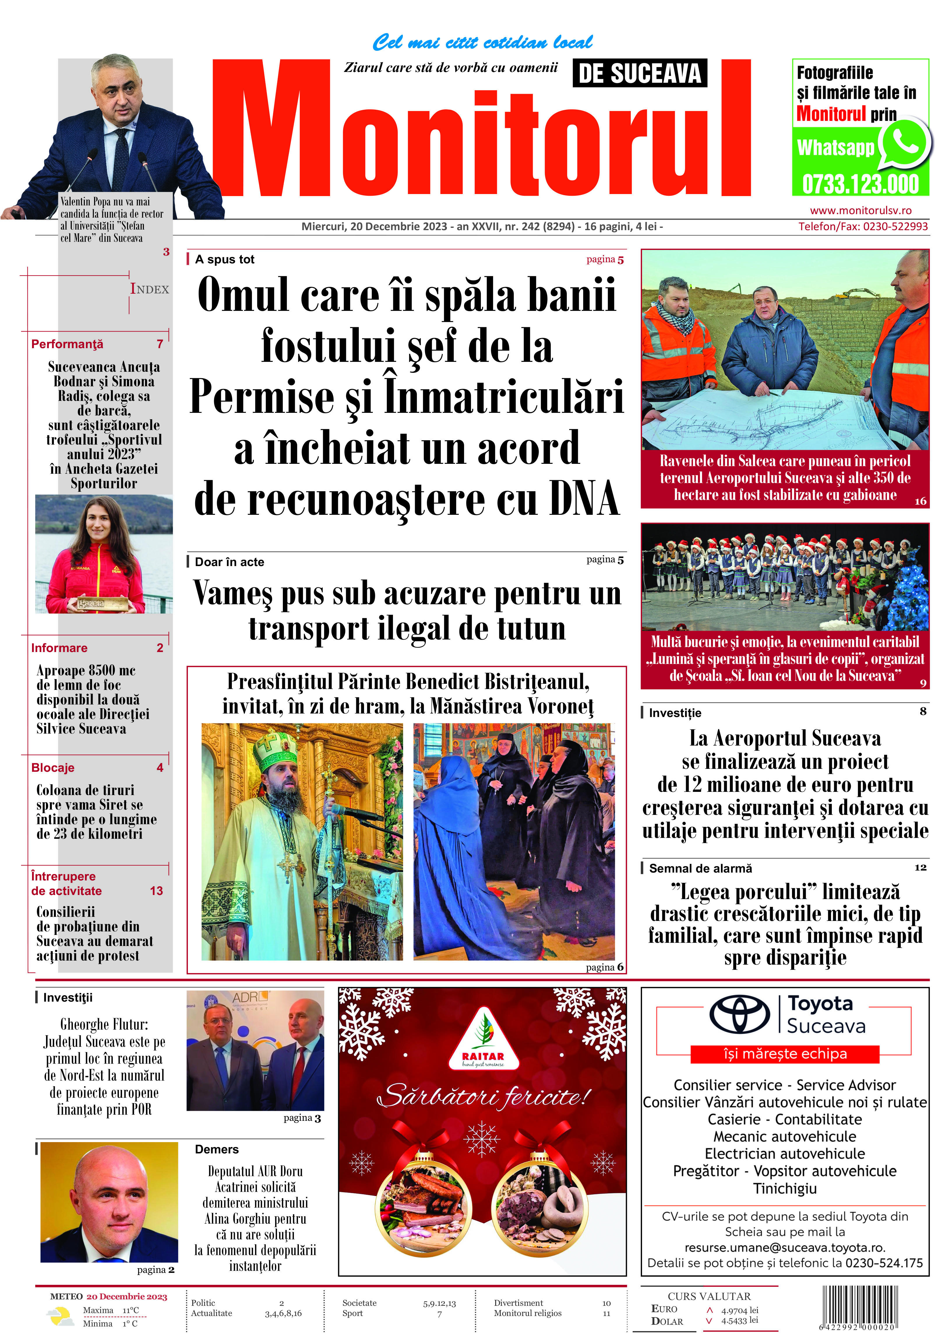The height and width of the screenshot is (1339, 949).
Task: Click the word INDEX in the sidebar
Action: tap(150, 289)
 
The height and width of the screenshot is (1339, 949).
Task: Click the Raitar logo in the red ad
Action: tap(483, 1039)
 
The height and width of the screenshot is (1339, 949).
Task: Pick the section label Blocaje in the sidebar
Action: tap(53, 767)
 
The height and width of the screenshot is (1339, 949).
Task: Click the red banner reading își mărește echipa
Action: tap(785, 1054)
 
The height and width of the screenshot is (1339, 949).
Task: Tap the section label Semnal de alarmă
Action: tap(700, 868)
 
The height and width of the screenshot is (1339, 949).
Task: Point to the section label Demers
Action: tap(217, 1149)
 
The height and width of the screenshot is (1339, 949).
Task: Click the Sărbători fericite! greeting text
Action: tap(483, 1096)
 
